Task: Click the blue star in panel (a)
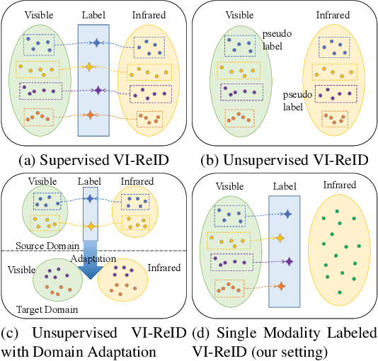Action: click(97, 43)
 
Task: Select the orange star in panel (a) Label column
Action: click(91, 115)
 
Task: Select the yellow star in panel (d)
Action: click(281, 238)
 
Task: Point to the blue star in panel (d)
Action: click(287, 213)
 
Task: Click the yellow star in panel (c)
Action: click(91, 225)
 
